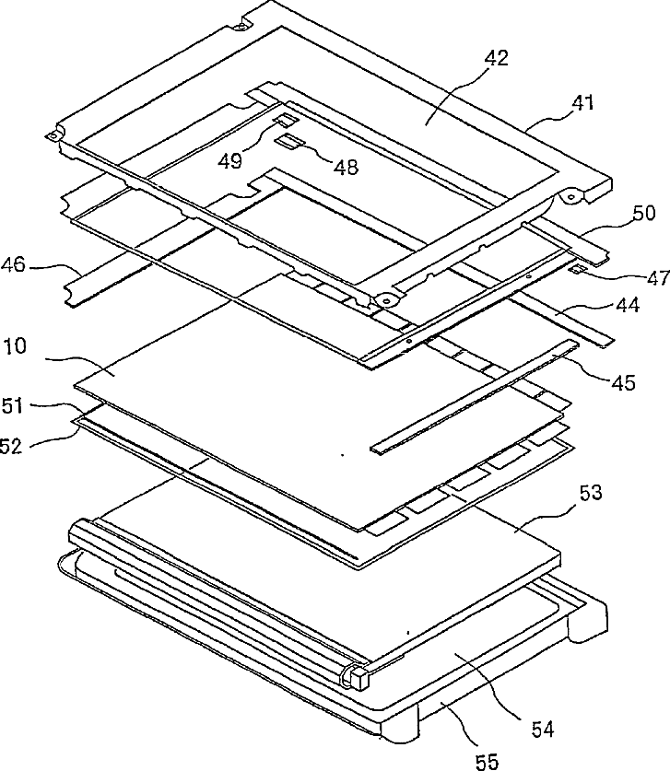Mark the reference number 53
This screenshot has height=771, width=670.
591,495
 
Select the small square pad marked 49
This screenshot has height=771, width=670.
284,120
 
